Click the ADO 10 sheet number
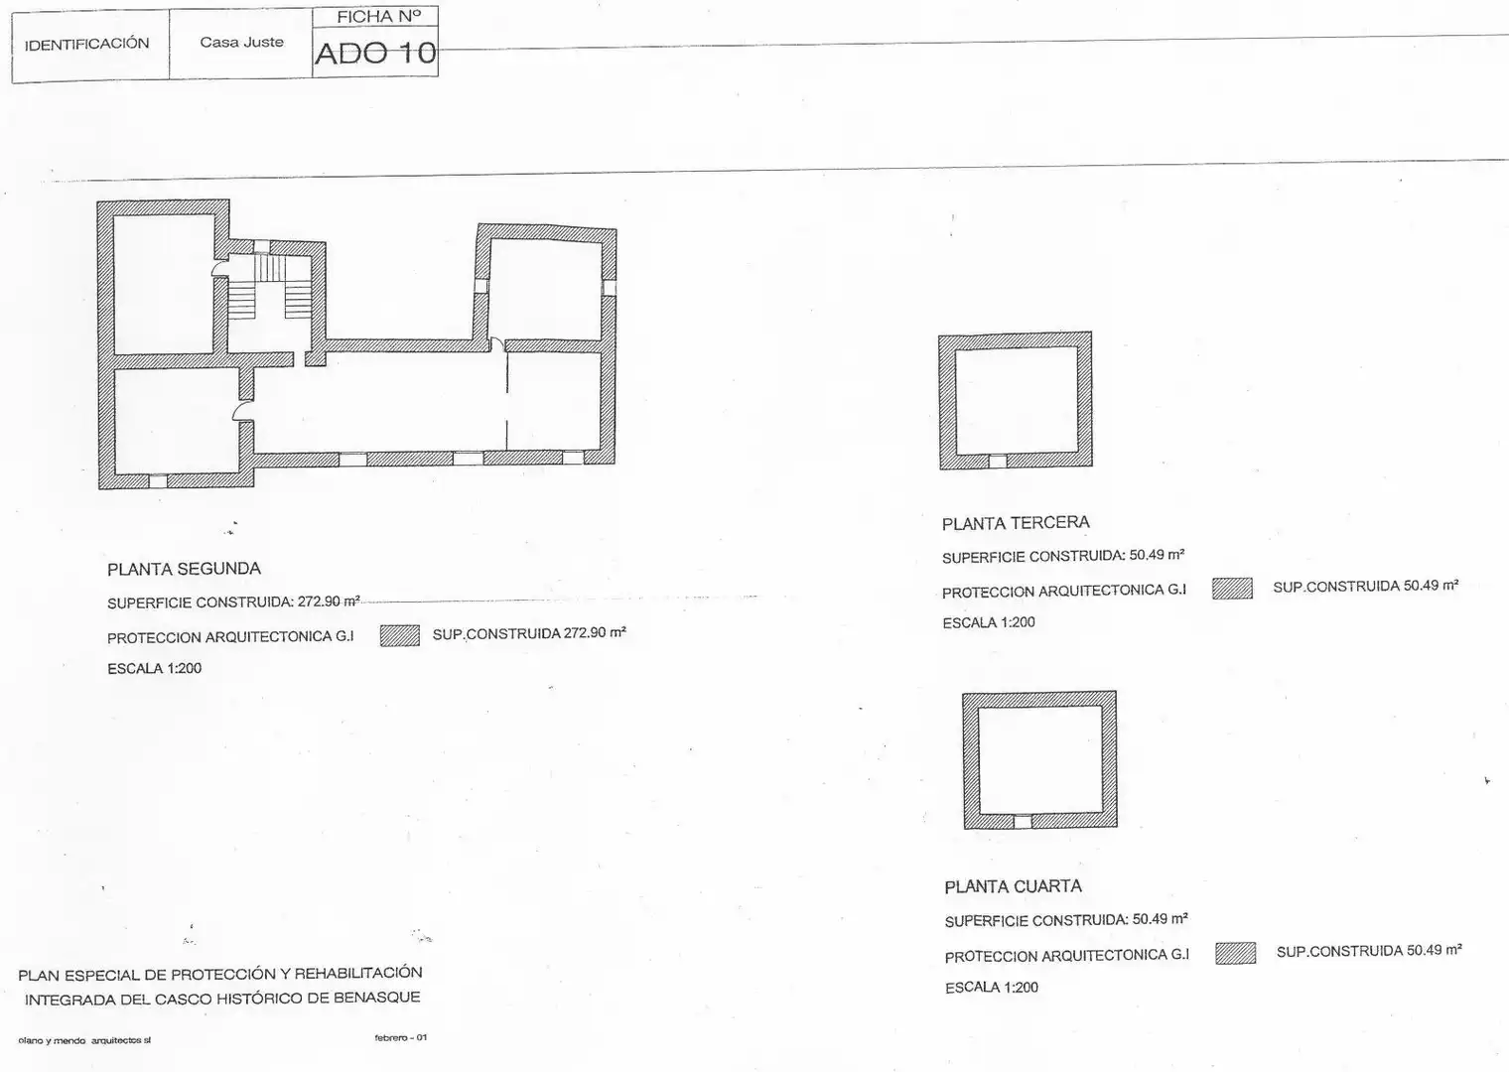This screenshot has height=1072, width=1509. pyautogui.click(x=375, y=54)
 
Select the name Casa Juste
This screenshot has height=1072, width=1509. pyautogui.click(x=242, y=42)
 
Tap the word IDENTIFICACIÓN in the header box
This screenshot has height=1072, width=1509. pyautogui.click(x=87, y=44)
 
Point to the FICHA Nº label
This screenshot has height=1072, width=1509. pyautogui.click(x=378, y=16)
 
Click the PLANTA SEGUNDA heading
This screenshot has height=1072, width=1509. pyautogui.click(x=184, y=569)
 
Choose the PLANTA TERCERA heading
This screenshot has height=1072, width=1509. pyautogui.click(x=1016, y=522)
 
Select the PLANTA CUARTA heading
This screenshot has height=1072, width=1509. pyautogui.click(x=1014, y=886)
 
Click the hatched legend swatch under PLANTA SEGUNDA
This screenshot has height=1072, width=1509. pyautogui.click(x=399, y=635)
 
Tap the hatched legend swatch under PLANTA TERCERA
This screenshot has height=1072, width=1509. pyautogui.click(x=1232, y=589)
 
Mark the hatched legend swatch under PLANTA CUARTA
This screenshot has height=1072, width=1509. pyautogui.click(x=1235, y=953)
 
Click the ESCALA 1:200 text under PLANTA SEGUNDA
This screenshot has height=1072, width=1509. pyautogui.click(x=154, y=669)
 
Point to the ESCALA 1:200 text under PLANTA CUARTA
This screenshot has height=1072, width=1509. pyautogui.click(x=992, y=988)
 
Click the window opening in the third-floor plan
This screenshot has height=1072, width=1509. pyautogui.click(x=998, y=462)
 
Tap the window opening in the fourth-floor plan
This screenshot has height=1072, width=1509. pyautogui.click(x=1023, y=822)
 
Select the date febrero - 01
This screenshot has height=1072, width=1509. pyautogui.click(x=401, y=1037)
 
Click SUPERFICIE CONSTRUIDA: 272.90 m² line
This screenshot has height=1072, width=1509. pyautogui.click(x=233, y=602)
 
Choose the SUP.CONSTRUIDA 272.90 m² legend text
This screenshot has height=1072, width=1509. pyautogui.click(x=529, y=633)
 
